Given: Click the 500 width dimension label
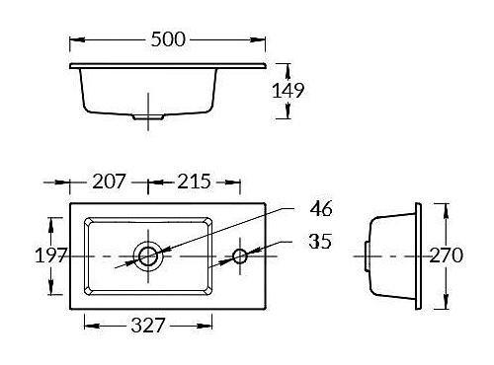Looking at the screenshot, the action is click(x=168, y=39).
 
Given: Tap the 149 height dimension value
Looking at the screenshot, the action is click(x=288, y=91).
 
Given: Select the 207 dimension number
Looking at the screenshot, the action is click(x=109, y=182).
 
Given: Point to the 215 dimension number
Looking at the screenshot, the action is click(x=194, y=182).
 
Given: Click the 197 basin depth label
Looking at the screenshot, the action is click(x=51, y=255).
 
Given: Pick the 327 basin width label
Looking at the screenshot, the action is click(x=148, y=326).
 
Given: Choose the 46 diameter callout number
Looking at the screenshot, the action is click(x=321, y=208).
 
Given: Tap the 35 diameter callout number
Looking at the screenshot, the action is click(x=320, y=242).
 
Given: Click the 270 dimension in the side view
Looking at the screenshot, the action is click(x=446, y=255).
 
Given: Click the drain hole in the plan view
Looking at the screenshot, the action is click(x=148, y=256).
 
